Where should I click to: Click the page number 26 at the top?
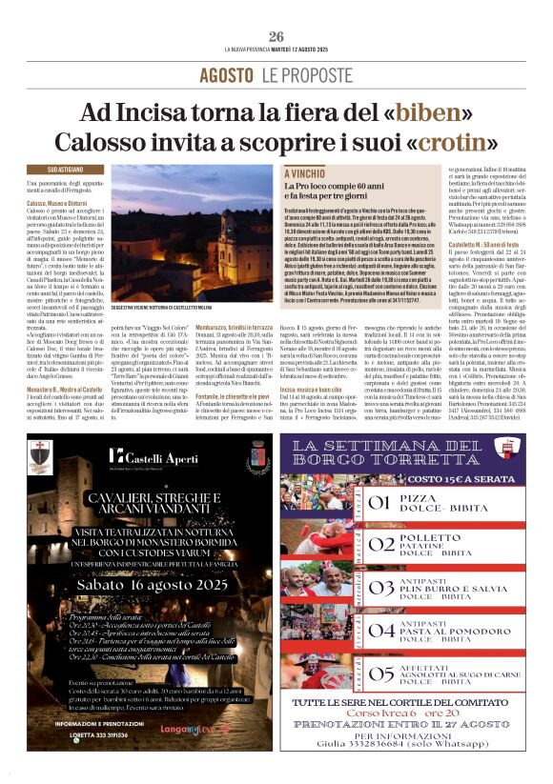tap(276, 36)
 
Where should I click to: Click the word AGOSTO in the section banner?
tap(226, 74)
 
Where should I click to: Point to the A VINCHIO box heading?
tap(306, 174)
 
